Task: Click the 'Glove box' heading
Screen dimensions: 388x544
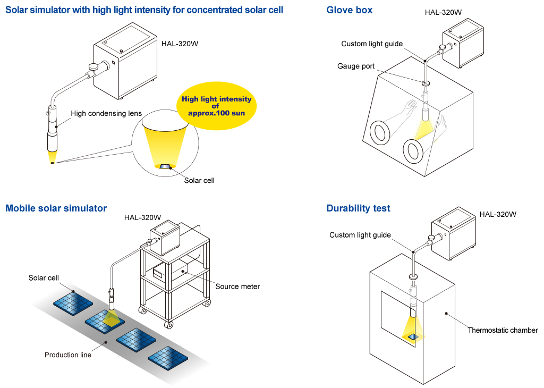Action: click(x=349, y=10)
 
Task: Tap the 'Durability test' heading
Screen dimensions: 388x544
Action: click(x=358, y=208)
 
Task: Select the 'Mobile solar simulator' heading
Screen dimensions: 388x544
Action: click(x=56, y=208)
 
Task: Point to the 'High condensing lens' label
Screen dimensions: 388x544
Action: click(x=106, y=113)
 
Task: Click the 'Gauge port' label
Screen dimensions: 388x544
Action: click(x=356, y=66)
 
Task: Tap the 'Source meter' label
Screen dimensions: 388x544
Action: click(x=237, y=286)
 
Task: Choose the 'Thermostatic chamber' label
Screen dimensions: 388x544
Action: click(x=503, y=330)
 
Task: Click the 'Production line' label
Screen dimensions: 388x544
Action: click(x=68, y=355)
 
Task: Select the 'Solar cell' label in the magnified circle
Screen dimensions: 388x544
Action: click(x=199, y=180)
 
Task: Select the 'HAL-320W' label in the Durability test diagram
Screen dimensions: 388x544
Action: click(x=498, y=215)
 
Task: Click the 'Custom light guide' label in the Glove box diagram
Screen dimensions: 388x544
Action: click(x=372, y=44)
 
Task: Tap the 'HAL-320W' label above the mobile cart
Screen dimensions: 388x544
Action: click(x=142, y=217)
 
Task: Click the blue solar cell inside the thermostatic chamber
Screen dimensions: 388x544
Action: click(x=413, y=336)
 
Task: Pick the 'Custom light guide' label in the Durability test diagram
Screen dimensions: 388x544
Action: click(x=360, y=235)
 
